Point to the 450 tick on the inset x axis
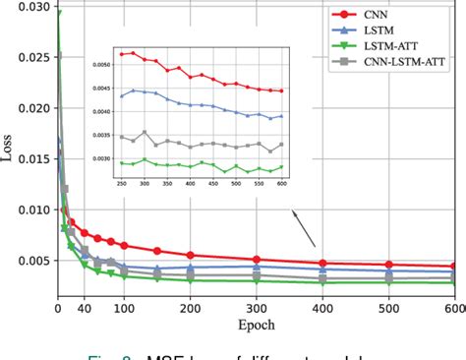pyautogui.click(x=229, y=183)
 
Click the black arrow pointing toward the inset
pyautogui.click(x=306, y=234)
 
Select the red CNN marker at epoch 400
pyautogui.click(x=322, y=263)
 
